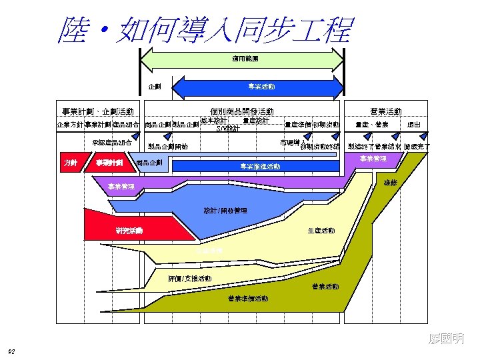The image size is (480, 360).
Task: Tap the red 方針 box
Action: pyautogui.click(x=70, y=162)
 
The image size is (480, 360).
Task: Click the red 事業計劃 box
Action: pyautogui.click(x=109, y=162)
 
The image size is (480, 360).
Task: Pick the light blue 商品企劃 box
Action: pyautogui.click(x=149, y=163)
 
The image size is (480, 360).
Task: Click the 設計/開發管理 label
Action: pyautogui.click(x=225, y=211)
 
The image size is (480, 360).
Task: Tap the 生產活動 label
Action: pyautogui.click(x=321, y=231)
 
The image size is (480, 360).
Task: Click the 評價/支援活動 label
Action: pyautogui.click(x=189, y=278)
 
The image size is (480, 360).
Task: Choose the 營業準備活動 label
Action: pyautogui.click(x=248, y=298)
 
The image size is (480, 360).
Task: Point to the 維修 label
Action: pyautogui.click(x=390, y=181)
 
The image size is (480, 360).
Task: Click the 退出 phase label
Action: pyautogui.click(x=413, y=125)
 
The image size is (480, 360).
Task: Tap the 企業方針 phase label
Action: pyautogui.click(x=69, y=125)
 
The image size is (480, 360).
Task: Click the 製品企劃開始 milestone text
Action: pyautogui.click(x=167, y=146)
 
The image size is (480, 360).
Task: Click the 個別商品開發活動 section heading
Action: pyautogui.click(x=241, y=111)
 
